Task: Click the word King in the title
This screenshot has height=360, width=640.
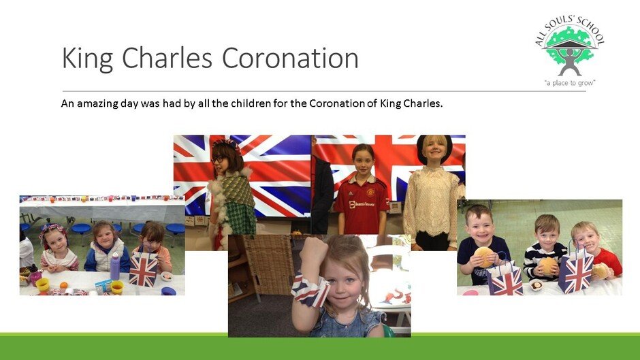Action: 87,59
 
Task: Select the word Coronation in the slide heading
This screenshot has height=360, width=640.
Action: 290,58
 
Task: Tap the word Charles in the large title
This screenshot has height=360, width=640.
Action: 167,58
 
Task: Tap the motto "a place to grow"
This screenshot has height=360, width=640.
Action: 570,83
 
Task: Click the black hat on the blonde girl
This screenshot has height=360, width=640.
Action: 434,147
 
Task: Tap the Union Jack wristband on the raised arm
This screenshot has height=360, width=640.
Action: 310,290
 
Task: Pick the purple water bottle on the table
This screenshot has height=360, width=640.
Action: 115,267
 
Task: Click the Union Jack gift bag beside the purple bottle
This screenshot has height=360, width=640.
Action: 144,269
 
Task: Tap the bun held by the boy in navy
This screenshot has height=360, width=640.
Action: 485,257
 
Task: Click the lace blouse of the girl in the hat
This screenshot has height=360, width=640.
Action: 432,202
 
